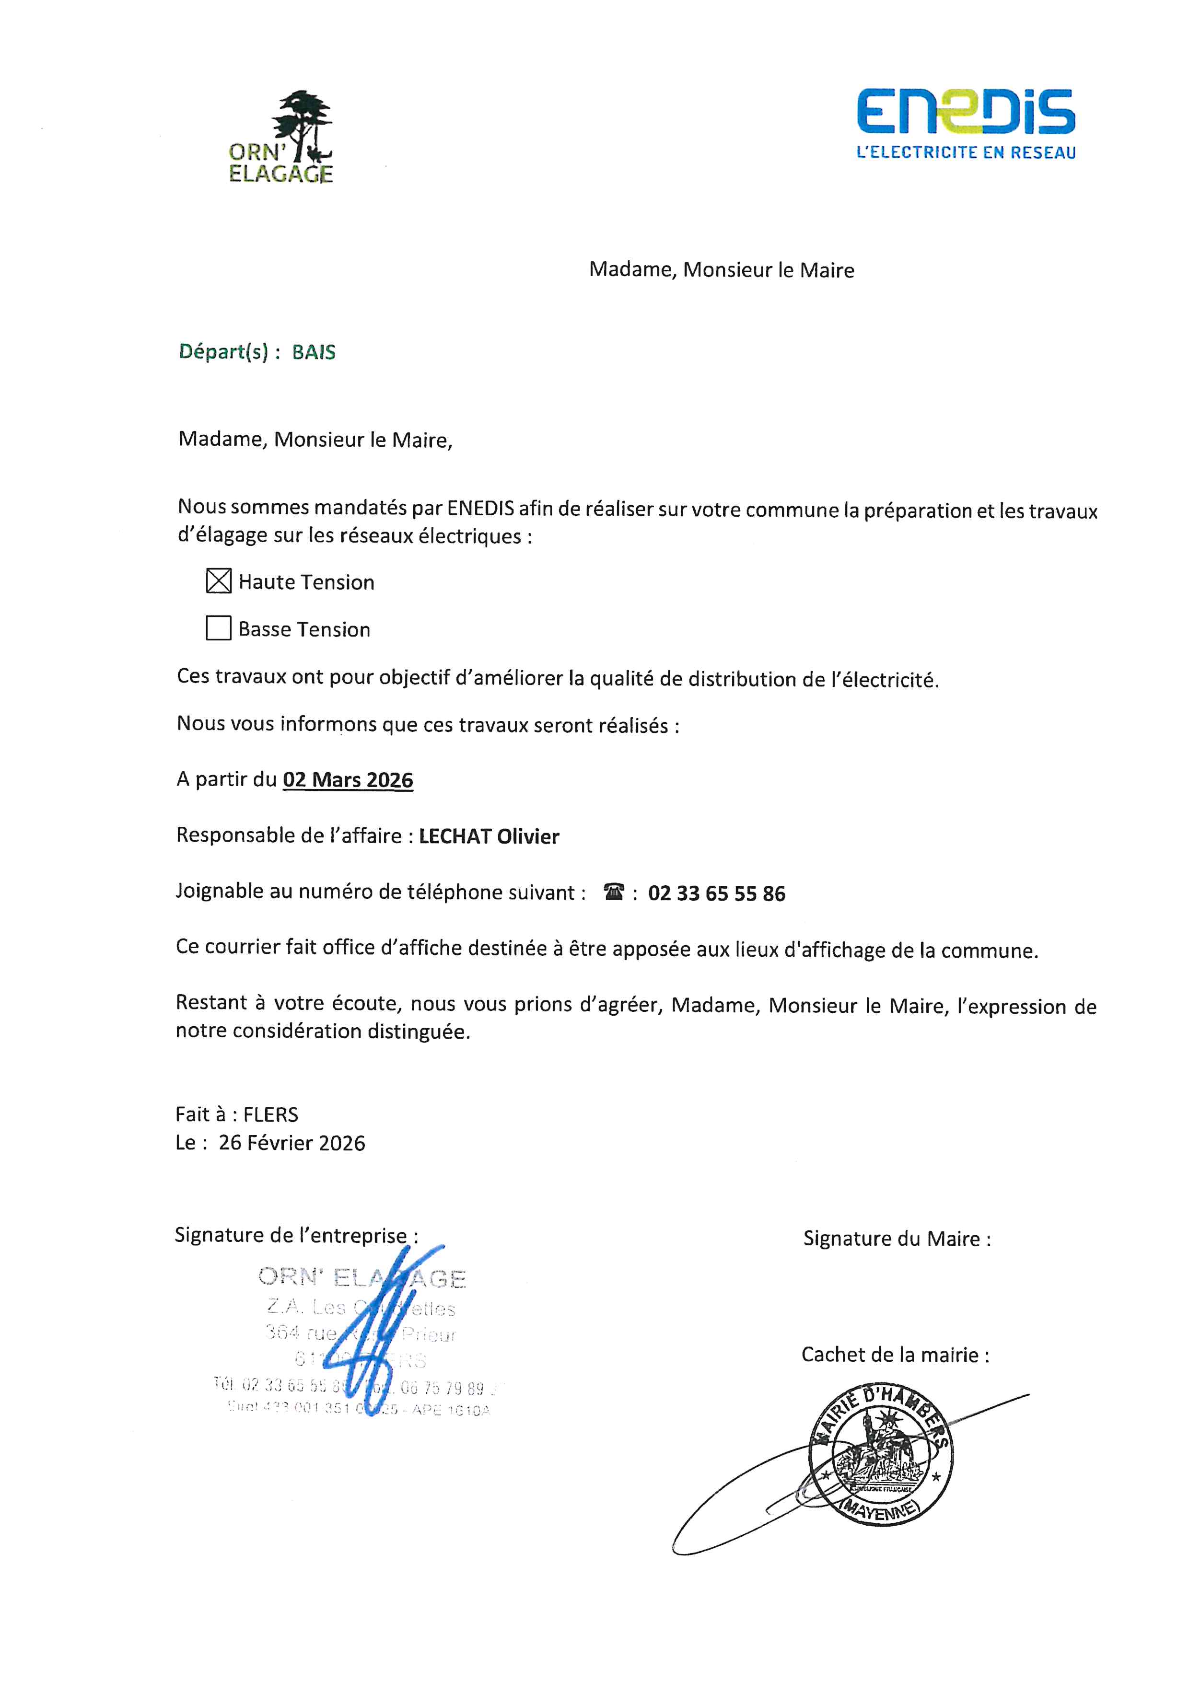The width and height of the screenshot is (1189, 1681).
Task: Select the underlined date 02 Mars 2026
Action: (348, 780)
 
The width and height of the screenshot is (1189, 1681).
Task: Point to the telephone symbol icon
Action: (614, 892)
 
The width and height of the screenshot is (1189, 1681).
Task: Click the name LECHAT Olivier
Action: (489, 836)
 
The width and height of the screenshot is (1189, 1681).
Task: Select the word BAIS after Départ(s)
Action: (314, 352)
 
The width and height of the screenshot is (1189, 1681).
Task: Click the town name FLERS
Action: (271, 1114)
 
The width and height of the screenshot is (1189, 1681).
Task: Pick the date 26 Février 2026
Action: (291, 1143)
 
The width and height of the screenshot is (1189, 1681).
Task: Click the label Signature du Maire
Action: (897, 1239)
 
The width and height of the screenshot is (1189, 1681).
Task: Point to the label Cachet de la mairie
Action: (895, 1355)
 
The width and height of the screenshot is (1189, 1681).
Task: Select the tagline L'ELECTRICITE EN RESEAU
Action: (966, 152)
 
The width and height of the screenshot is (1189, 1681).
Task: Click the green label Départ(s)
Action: (222, 352)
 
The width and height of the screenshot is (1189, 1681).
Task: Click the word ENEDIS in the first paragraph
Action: (480, 508)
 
